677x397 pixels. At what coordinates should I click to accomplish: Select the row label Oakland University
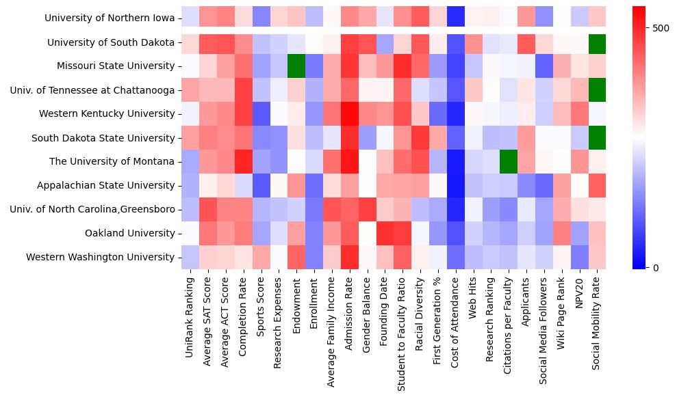pyautogui.click(x=129, y=233)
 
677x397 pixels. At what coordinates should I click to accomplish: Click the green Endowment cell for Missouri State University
pyautogui.click(x=296, y=66)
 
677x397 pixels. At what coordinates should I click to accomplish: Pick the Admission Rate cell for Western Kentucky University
pyautogui.click(x=349, y=113)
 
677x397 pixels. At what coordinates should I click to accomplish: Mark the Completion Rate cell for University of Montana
pyautogui.click(x=242, y=161)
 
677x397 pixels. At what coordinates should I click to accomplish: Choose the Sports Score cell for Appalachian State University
pyautogui.click(x=260, y=185)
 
